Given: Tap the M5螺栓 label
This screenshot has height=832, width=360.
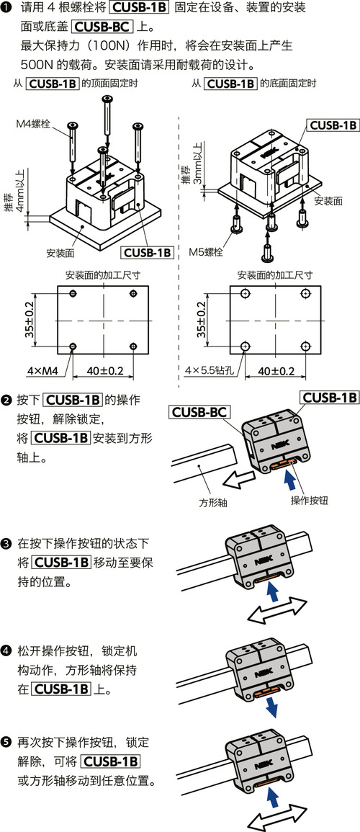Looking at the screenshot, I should coord(207,253).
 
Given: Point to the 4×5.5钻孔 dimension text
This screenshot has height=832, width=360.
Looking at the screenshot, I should coord(210,371).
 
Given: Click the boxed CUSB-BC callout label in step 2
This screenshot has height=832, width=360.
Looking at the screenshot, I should coord(199,413).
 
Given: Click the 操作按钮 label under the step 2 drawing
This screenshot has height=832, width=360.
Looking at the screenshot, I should coord(310,501).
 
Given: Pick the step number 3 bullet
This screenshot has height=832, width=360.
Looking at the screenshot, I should coord(6,542).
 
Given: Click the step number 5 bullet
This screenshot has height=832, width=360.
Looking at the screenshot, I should coord(6,741).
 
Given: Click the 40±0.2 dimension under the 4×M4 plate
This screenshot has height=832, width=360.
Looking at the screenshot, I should coord(105,371).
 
